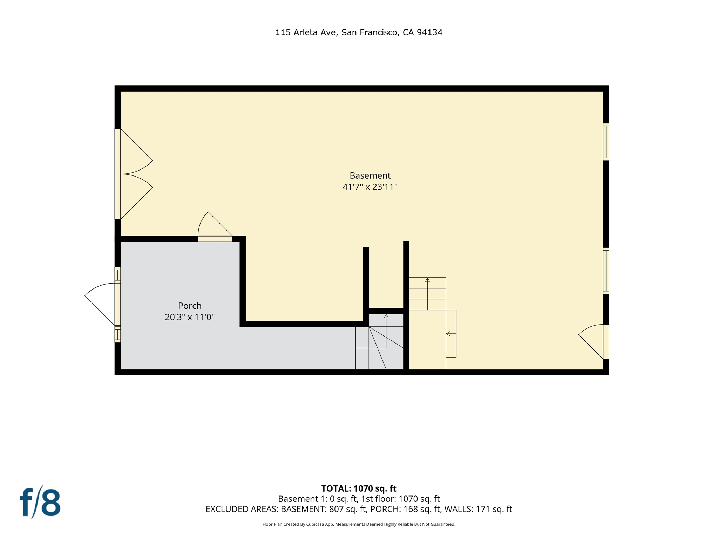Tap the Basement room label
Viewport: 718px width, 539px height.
370,175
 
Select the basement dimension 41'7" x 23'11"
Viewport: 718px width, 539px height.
370,187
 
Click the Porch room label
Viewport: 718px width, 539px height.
190,306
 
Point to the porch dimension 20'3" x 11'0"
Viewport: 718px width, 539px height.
190,317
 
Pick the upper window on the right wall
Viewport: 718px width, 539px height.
606,142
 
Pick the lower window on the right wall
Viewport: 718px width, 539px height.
606,271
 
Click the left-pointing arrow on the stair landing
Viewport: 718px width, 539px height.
448,334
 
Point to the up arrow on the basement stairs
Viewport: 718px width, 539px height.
427,280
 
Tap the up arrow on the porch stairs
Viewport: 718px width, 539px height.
386,317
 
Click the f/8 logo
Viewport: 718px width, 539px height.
40,502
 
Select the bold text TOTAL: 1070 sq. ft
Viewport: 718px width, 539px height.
359,488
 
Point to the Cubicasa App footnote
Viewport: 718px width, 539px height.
359,524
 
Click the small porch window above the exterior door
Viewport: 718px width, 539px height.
118,275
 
